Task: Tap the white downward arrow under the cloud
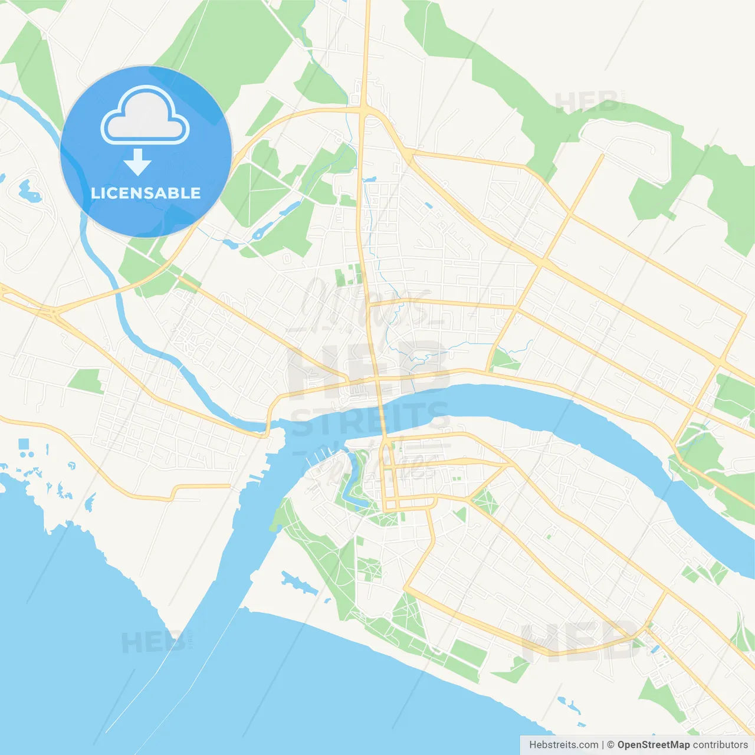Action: pyautogui.click(x=138, y=162)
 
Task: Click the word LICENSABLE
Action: pyautogui.click(x=146, y=193)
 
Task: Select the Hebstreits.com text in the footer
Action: pyautogui.click(x=563, y=745)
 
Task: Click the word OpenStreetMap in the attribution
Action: pyautogui.click(x=653, y=745)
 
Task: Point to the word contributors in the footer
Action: pyautogui.click(x=720, y=745)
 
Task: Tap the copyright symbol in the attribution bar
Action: pyautogui.click(x=610, y=745)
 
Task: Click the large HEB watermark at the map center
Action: pyautogui.click(x=369, y=366)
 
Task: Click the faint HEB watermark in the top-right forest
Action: pyautogui.click(x=587, y=102)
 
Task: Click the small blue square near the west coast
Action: pyautogui.click(x=24, y=444)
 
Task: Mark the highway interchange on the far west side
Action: pyautogui.click(x=54, y=311)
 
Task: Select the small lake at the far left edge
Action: pyautogui.click(x=28, y=190)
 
